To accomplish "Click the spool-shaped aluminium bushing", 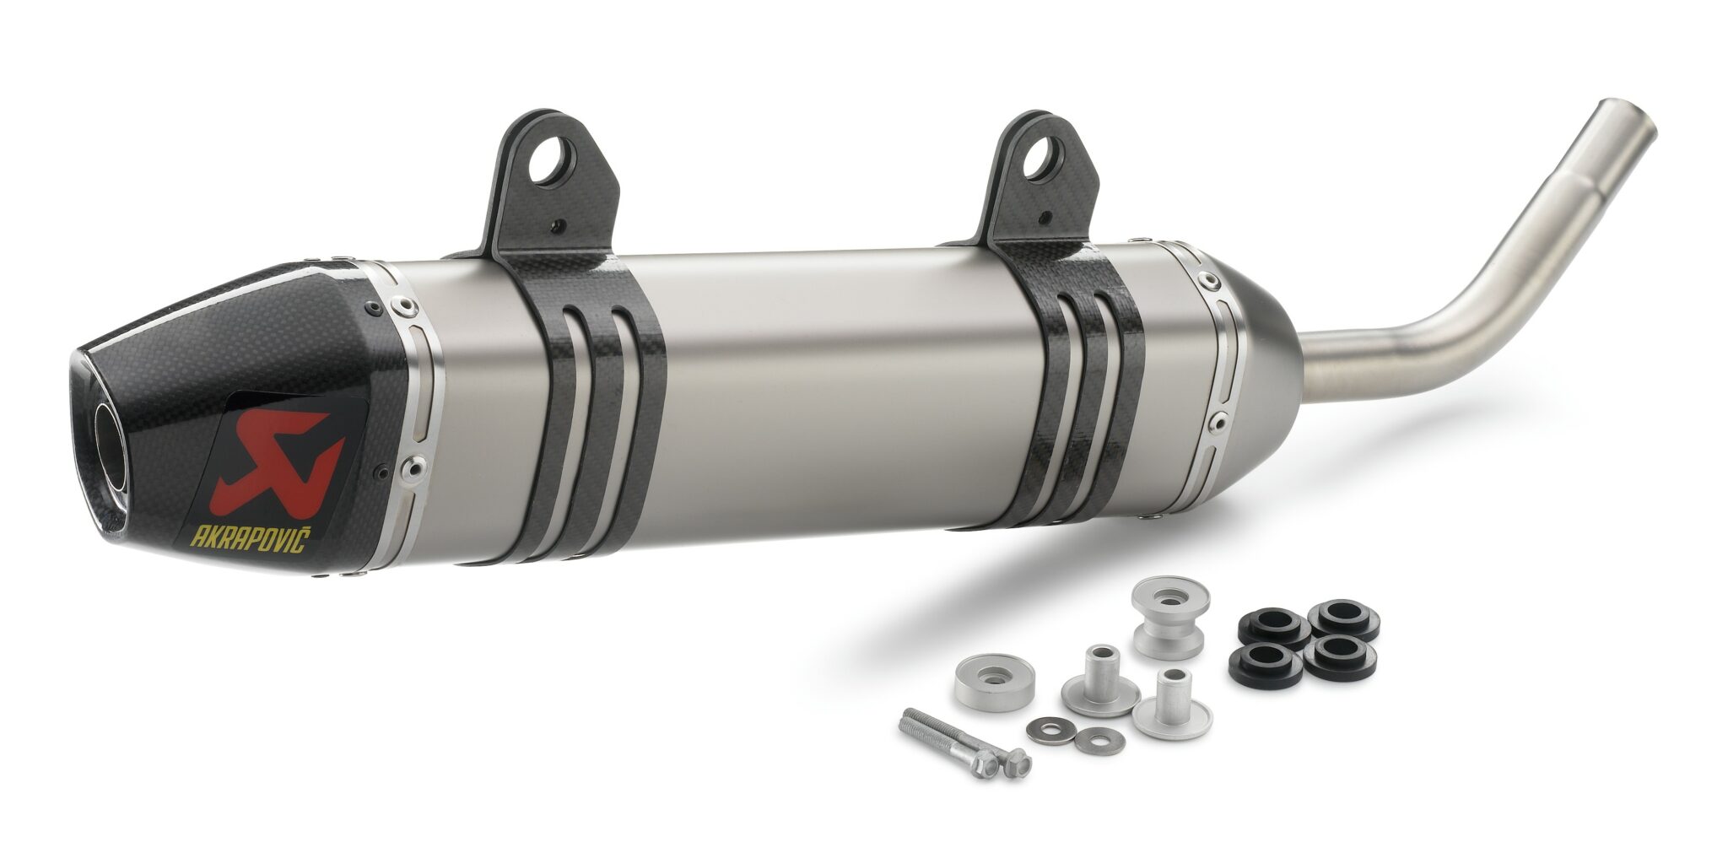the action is (1171, 617).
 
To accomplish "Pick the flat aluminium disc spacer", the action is (995, 684).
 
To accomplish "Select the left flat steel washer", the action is (1051, 726).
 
